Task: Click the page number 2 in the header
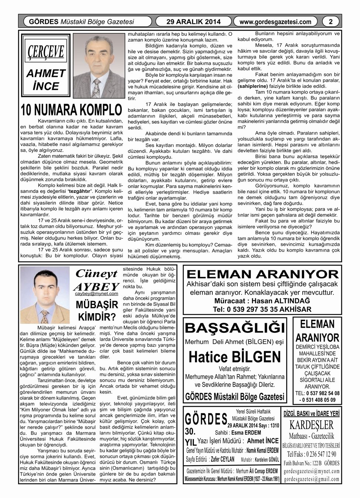pos(331,22)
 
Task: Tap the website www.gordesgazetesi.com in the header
pos(275,22)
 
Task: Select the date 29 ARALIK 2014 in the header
pos(193,22)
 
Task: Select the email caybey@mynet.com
pos(96,294)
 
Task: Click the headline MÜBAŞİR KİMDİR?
pos(96,311)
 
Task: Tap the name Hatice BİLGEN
pos(235,357)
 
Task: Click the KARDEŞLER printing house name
pos(312,425)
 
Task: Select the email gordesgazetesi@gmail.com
pos(312,479)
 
